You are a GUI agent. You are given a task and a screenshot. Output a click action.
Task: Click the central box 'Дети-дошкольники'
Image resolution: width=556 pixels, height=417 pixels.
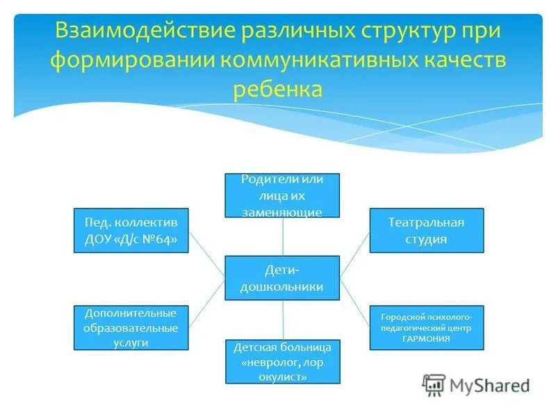(282, 277)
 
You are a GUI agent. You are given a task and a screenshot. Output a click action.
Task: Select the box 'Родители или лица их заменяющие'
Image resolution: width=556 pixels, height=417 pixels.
(282, 195)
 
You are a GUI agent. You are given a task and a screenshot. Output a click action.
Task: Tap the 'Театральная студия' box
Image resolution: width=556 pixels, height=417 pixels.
(426, 230)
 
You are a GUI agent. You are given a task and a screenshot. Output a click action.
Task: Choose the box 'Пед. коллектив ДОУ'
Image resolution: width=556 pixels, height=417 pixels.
(131, 230)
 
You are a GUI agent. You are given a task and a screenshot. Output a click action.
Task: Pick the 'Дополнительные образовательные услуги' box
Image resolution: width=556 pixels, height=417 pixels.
(131, 327)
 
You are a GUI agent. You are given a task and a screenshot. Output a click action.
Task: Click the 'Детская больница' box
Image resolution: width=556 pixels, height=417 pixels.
(282, 361)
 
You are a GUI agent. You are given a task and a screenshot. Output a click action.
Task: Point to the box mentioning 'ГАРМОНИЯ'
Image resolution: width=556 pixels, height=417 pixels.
(426, 327)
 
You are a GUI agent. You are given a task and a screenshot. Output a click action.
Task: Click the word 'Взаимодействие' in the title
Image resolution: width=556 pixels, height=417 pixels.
(143, 32)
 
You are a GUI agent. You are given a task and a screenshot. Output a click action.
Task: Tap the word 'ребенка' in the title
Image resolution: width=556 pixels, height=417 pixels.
(277, 89)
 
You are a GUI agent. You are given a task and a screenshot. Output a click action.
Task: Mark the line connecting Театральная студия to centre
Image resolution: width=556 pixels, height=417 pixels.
(354, 254)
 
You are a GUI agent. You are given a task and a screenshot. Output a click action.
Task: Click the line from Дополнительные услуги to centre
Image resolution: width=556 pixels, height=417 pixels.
(206, 304)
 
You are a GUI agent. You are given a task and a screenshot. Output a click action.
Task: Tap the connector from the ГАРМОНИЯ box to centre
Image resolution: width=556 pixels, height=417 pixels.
(354, 302)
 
